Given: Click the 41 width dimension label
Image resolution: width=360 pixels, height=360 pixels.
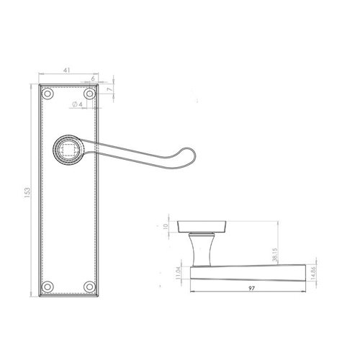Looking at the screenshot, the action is (x=66, y=70).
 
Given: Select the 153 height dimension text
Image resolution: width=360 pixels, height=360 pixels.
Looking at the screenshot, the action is (x=27, y=193).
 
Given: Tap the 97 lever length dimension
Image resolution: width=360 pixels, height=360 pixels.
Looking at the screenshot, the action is (x=251, y=289).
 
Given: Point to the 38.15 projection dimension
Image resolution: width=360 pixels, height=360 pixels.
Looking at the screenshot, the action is (x=275, y=254).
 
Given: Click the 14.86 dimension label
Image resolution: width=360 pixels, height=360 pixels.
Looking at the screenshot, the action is (x=312, y=274).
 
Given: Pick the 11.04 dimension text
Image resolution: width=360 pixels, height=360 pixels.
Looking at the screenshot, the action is (x=178, y=273).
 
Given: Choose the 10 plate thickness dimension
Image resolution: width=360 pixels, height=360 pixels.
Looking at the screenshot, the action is (x=166, y=226).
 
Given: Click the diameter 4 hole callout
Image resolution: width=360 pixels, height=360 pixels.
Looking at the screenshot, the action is (x=77, y=104).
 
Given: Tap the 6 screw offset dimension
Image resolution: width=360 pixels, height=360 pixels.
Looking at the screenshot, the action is (x=93, y=78).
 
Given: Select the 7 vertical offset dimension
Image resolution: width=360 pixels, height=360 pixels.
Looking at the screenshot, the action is (x=109, y=89).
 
